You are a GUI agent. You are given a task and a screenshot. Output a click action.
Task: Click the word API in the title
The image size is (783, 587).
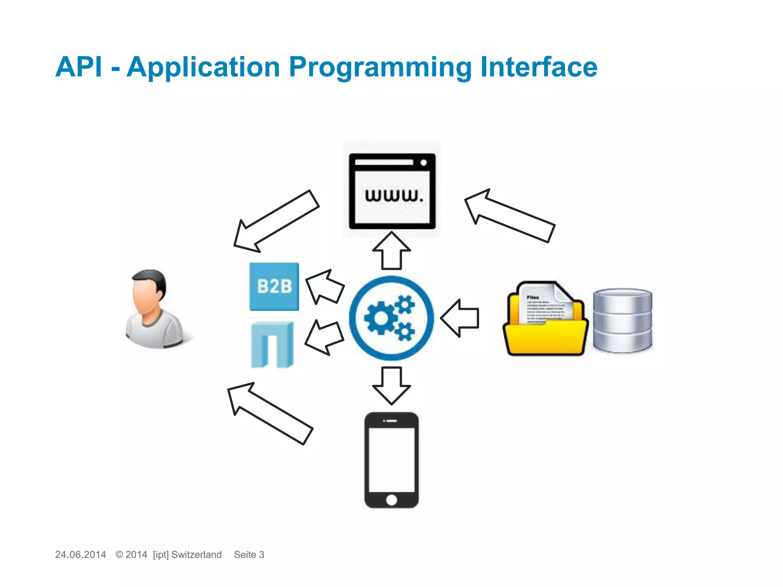79,67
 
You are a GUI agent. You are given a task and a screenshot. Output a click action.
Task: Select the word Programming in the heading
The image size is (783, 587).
380,68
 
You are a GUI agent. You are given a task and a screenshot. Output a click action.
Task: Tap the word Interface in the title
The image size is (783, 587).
539,67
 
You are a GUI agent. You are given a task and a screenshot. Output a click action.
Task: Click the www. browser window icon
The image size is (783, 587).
392,191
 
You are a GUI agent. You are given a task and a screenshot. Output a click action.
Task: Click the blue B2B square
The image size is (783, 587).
274,286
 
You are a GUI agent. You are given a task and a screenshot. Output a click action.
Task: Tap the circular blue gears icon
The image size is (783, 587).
391,318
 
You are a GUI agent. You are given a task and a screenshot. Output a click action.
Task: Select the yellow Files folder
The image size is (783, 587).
545,319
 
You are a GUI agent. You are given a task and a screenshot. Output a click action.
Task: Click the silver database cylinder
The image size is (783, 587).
622,320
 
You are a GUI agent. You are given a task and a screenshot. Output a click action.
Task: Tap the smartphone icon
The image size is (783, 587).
391,460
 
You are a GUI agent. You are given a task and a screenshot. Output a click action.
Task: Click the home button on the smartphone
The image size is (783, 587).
391,499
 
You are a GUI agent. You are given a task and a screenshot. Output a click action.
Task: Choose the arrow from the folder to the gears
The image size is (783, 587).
460,318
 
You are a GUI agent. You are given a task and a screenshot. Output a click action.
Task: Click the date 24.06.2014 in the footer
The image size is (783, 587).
80,555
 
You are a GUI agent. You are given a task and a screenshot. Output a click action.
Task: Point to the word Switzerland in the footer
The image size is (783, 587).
197,555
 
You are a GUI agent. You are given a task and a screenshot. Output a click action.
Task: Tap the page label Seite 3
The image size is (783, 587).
249,555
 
